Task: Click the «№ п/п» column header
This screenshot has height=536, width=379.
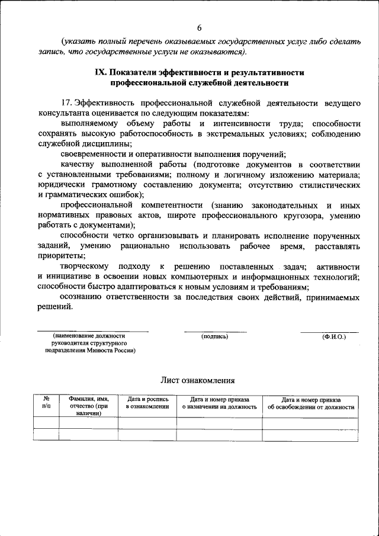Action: click(x=46, y=403)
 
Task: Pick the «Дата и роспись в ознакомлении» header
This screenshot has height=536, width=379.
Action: click(x=147, y=403)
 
